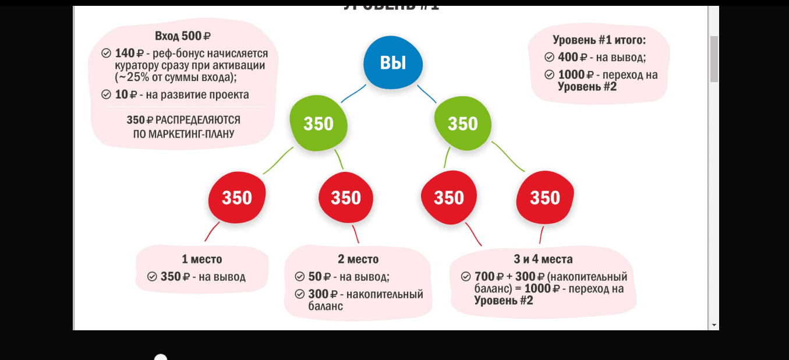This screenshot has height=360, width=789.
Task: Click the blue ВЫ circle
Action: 393,63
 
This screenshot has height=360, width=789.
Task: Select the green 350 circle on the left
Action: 319,123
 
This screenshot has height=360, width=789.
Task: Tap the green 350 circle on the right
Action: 463,123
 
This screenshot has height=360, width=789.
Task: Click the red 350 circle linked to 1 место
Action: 237,198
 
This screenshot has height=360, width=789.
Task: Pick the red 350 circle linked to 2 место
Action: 346,198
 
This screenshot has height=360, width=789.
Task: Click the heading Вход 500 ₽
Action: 183,36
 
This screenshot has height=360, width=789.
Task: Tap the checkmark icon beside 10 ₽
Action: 106,94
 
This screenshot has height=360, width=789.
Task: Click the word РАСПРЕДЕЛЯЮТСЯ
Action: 198,120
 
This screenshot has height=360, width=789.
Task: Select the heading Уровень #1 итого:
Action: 599,40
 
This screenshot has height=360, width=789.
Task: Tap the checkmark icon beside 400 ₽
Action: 549,57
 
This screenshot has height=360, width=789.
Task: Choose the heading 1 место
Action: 202,259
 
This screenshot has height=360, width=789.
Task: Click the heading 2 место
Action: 358,259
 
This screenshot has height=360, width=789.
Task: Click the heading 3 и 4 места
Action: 543,259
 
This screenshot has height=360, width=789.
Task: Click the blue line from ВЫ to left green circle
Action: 353,93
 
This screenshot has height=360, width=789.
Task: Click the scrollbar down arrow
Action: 714,324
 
